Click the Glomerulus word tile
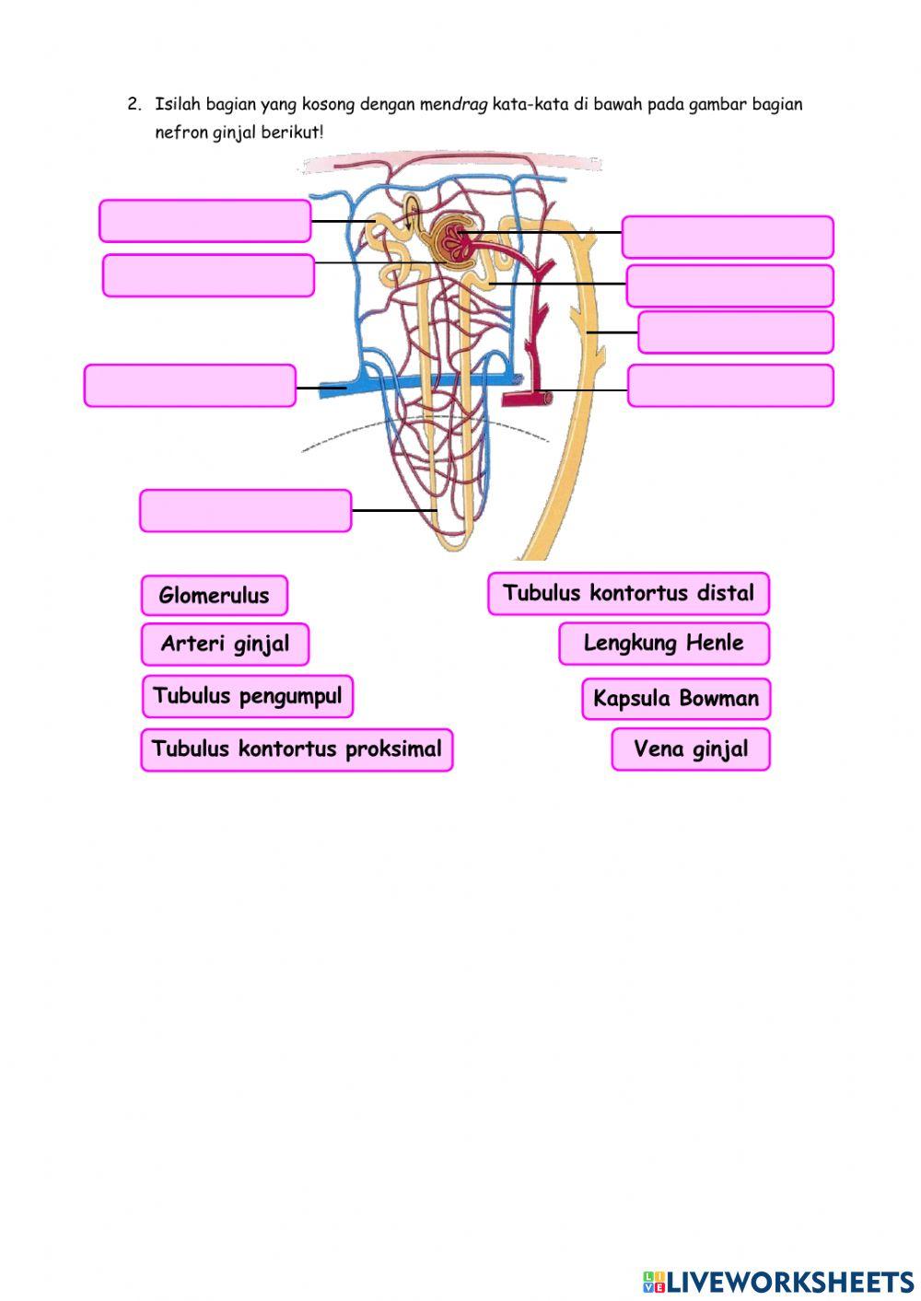[214, 596]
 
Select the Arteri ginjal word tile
[225, 644]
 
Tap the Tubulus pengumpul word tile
[247, 696]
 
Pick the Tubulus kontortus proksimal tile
[297, 749]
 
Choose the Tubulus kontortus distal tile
[628, 594]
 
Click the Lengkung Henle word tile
[663, 644]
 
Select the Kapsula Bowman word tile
[676, 699]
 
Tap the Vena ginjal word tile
[690, 749]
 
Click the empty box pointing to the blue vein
[190, 386]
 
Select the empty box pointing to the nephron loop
[246, 511]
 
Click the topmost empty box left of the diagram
[204, 221]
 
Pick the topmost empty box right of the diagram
[728, 237]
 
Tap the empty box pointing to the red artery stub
[730, 386]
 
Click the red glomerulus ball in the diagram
[453, 240]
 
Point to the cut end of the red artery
[548, 398]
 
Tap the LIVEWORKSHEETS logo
[778, 1281]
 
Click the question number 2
[134, 104]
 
